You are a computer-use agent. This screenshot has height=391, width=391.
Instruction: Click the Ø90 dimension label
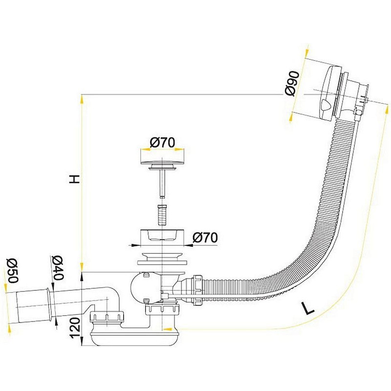tap(292, 83)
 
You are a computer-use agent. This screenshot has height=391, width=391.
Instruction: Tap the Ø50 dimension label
tap(13, 271)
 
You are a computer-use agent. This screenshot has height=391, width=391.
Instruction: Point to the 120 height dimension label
tap(75, 328)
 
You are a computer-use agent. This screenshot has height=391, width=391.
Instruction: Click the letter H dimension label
tap(74, 179)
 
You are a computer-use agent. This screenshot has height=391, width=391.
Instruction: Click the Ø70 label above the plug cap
tap(162, 143)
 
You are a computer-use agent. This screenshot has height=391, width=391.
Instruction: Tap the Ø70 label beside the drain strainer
tap(205, 238)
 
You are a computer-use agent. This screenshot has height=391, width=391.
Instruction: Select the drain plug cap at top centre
tap(163, 160)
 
